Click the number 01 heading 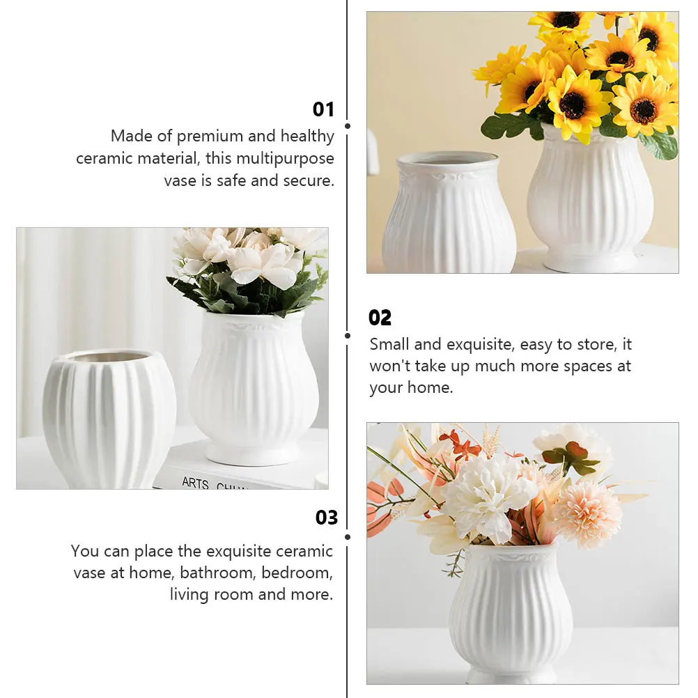coord(323,109)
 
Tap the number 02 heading coord(380,318)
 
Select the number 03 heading coord(327,518)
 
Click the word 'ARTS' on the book coord(195,482)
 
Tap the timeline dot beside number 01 coord(348,126)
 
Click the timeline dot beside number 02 coord(348,335)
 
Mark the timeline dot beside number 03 coord(348,536)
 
